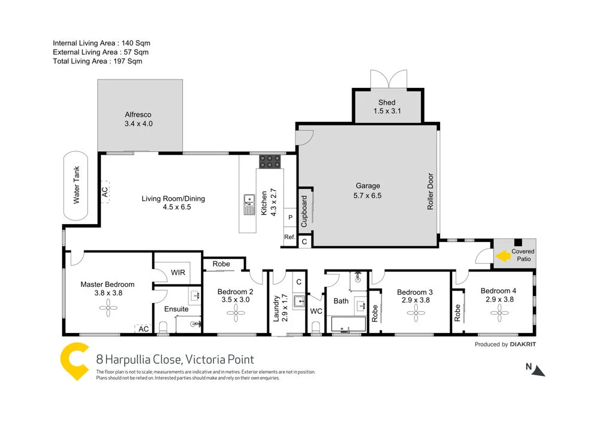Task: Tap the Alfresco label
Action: pyautogui.click(x=138, y=115)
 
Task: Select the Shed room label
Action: pyautogui.click(x=387, y=103)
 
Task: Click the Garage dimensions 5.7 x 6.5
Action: pyautogui.click(x=368, y=195)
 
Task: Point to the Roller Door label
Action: pyautogui.click(x=430, y=191)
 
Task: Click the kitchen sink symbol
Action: pyautogui.click(x=249, y=204)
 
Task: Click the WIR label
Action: pyautogui.click(x=178, y=273)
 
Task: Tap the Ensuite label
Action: pyautogui.click(x=176, y=309)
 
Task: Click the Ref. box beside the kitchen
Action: pyautogui.click(x=290, y=237)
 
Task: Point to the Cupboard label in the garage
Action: pyautogui.click(x=304, y=211)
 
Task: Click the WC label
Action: pyautogui.click(x=316, y=311)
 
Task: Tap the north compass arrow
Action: pyautogui.click(x=538, y=371)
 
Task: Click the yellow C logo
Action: pyautogui.click(x=75, y=362)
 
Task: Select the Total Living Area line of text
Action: pyautogui.click(x=97, y=61)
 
